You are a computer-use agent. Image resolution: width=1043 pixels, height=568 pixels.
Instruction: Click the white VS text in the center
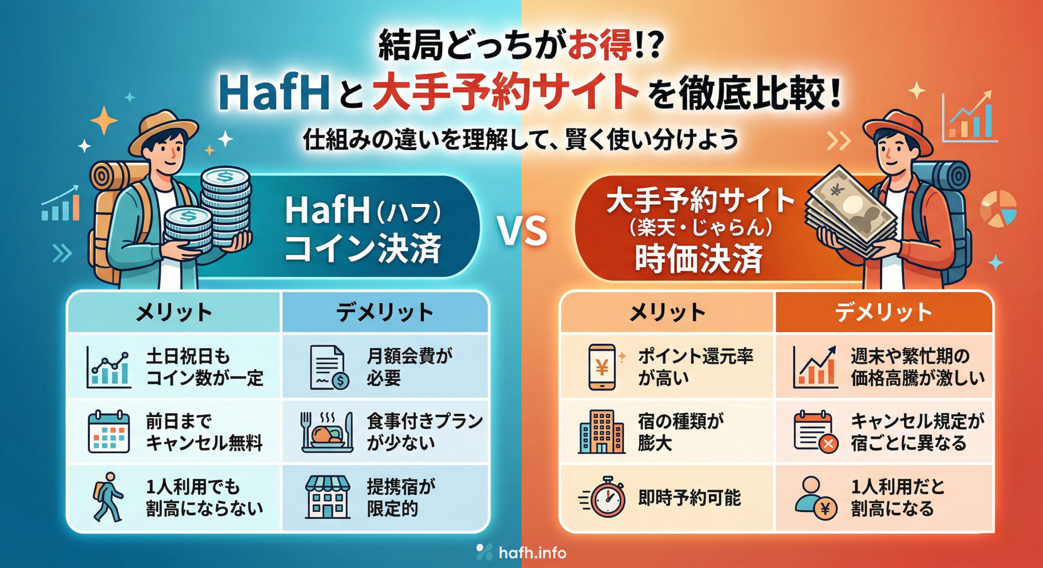pyautogui.click(x=523, y=231)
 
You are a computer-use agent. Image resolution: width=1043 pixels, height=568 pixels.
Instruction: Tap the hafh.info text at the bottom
pyautogui.click(x=533, y=553)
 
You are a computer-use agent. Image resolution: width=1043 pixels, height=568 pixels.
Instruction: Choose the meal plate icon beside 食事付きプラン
pyautogui.click(x=326, y=432)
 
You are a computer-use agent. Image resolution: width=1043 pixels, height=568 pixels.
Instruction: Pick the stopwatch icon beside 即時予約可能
pyautogui.click(x=603, y=497)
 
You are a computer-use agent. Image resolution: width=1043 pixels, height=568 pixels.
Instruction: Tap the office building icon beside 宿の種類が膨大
pyautogui.click(x=601, y=432)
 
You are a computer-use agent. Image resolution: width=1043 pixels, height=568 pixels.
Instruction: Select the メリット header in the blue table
pyautogui.click(x=174, y=313)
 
